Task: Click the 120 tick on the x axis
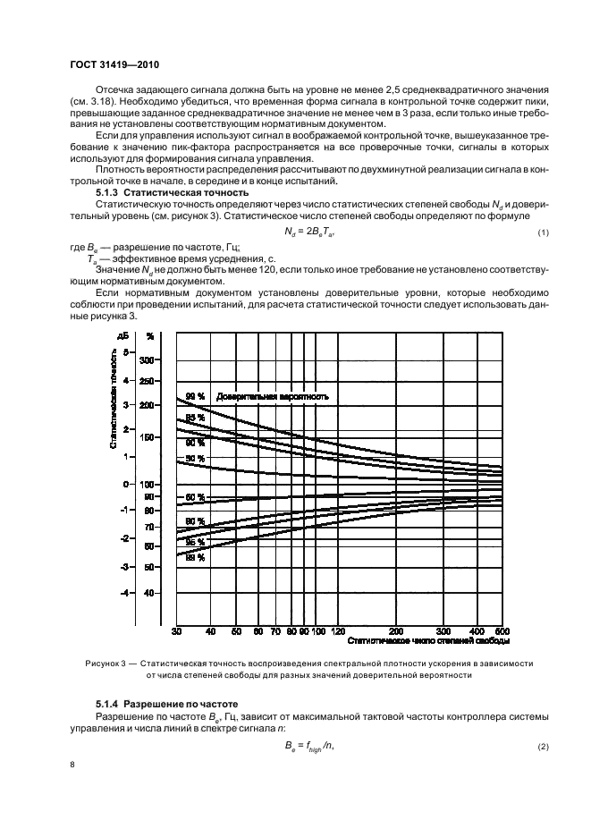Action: pyautogui.click(x=340, y=631)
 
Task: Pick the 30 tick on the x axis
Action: pyautogui.click(x=177, y=631)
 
